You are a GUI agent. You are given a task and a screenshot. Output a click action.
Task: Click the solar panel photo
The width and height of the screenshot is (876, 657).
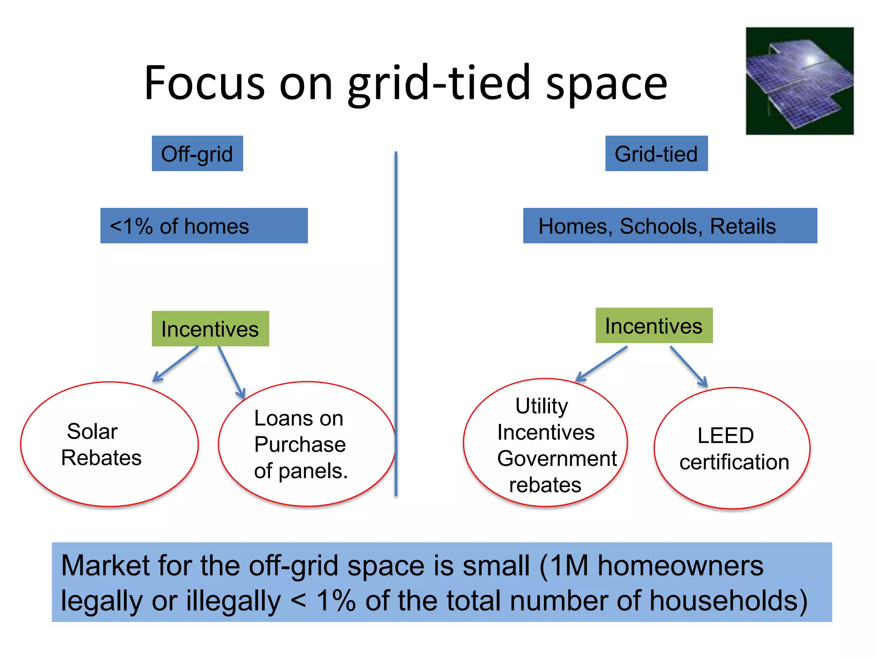tap(799, 81)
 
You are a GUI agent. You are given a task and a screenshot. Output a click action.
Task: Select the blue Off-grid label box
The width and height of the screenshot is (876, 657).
tap(197, 154)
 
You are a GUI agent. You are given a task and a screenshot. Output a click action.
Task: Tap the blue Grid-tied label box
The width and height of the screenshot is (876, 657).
tap(656, 154)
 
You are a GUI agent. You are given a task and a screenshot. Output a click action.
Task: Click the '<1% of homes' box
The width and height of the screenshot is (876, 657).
tap(204, 226)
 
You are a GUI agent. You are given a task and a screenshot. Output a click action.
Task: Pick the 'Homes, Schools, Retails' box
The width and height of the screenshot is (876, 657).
tap(670, 226)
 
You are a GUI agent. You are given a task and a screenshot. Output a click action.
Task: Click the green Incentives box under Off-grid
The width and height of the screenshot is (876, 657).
tap(210, 328)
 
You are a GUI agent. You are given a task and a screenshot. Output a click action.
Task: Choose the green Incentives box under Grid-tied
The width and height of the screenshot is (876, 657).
tap(654, 326)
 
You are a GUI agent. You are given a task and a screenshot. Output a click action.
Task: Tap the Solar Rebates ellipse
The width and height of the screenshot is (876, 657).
tap(109, 444)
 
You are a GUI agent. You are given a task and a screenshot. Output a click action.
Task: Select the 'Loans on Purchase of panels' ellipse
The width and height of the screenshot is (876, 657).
tap(306, 444)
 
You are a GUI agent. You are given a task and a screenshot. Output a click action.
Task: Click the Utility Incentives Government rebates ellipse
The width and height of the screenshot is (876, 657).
tap(545, 443)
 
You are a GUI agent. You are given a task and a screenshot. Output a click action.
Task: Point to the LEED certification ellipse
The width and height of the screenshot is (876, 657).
tap(732, 448)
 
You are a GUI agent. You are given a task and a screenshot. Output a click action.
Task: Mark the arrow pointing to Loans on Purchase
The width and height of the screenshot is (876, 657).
tap(231, 372)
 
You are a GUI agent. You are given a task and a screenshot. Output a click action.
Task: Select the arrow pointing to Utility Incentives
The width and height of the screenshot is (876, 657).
tap(601, 364)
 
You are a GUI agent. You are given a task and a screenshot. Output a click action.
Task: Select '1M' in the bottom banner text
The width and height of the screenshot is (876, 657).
tap(569, 565)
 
